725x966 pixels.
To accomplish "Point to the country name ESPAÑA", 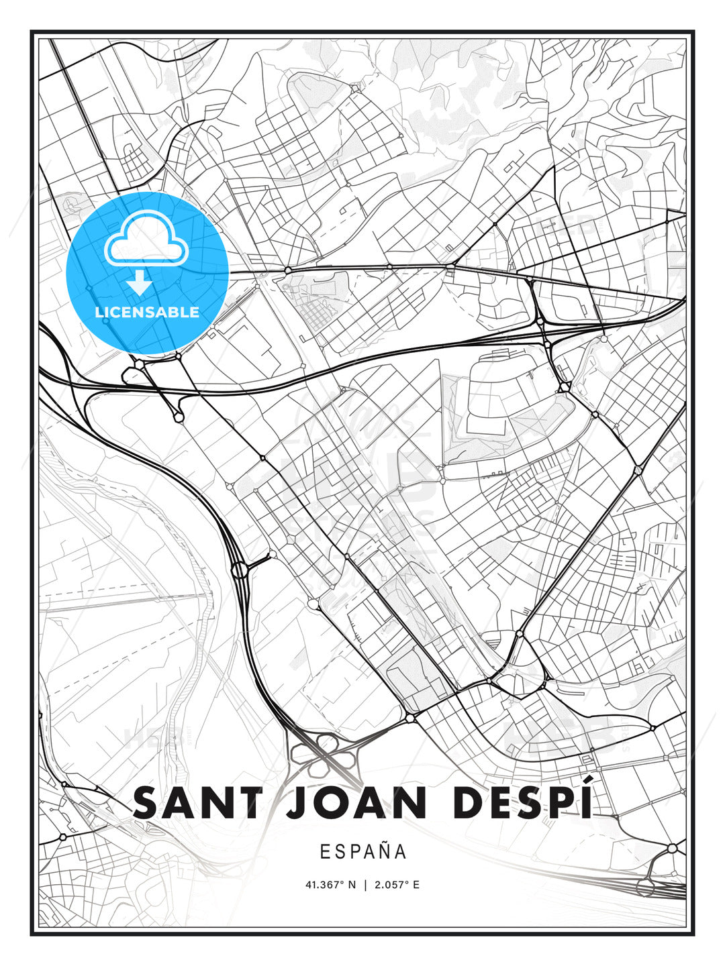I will pos(363,851).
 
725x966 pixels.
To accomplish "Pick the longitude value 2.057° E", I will pos(397,885).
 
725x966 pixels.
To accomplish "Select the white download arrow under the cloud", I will pos(140,283).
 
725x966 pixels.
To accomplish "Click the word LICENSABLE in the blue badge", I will pos(147,312).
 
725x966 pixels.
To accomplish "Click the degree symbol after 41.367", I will pos(341,882).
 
